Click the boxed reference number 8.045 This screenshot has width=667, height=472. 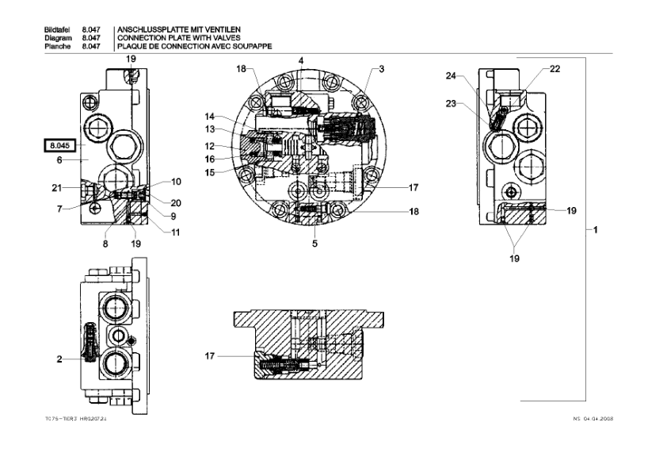click(x=59, y=145)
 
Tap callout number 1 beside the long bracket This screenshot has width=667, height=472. click(x=596, y=230)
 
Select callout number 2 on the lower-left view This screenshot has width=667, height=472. click(x=59, y=359)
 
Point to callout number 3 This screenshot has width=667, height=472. click(x=381, y=70)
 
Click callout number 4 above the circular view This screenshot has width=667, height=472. click(x=301, y=60)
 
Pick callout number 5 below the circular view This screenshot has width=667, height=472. click(x=314, y=244)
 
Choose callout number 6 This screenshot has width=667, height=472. click(x=59, y=159)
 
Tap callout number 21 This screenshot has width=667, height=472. click(x=58, y=187)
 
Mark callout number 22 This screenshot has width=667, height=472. click(x=555, y=69)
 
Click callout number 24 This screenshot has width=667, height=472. click(x=450, y=76)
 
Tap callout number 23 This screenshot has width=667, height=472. click(x=450, y=102)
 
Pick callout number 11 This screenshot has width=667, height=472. click(x=176, y=232)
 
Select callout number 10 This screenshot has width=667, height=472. click(x=176, y=182)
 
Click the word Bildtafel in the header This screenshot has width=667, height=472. click(x=59, y=29)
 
